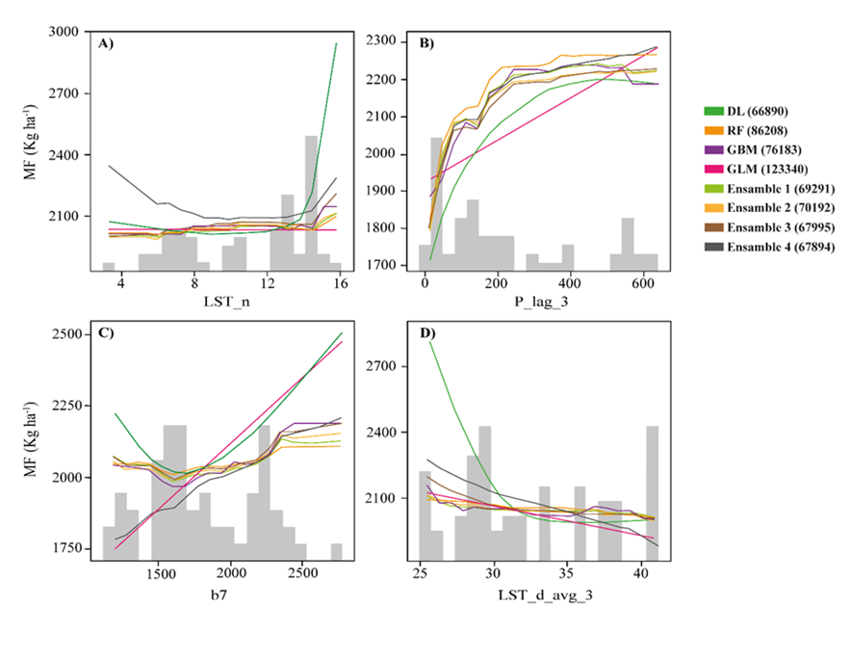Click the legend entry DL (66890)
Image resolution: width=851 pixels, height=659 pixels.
point(760,112)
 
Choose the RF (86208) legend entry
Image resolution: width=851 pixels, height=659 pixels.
point(760,131)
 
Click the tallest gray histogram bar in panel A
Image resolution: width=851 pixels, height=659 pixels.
point(312,202)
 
